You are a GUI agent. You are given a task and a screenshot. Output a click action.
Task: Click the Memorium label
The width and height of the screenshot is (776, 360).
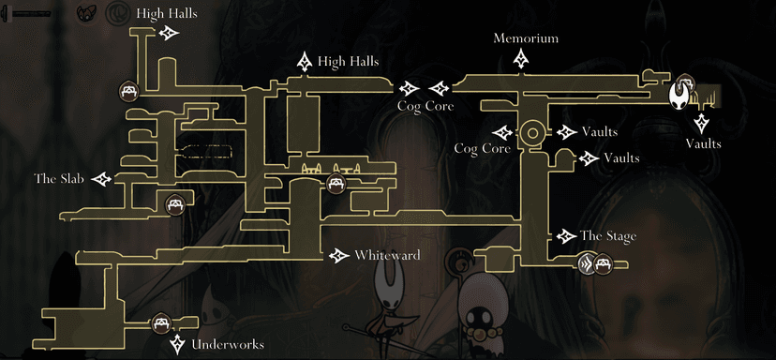click(526, 38)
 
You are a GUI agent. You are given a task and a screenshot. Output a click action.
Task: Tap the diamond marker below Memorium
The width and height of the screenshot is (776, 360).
click(523, 60)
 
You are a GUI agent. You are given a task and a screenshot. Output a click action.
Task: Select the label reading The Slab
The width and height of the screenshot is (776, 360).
click(59, 177)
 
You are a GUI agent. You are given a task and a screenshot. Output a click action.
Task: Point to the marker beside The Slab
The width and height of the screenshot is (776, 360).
click(100, 178)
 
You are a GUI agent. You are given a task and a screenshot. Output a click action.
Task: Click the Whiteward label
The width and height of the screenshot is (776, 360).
click(387, 255)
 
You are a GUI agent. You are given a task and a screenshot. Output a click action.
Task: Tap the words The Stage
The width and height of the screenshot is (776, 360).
click(607, 236)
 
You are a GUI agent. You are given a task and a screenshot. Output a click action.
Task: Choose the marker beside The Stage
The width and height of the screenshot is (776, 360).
click(565, 236)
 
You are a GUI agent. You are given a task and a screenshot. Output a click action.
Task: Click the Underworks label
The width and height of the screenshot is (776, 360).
click(227, 345)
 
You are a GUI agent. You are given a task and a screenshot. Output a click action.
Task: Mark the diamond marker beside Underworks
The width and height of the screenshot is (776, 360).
click(177, 344)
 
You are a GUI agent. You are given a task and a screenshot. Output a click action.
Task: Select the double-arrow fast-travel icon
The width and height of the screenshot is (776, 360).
click(588, 263)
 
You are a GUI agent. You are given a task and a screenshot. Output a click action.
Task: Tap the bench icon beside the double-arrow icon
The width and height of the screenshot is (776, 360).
click(604, 263)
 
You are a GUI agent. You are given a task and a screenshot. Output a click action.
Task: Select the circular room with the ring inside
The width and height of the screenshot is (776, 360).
click(531, 132)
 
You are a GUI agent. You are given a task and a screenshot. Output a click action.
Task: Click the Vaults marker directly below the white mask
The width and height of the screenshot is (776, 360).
click(702, 123)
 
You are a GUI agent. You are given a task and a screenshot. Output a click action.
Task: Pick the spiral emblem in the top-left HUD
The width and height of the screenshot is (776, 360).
click(117, 13)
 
